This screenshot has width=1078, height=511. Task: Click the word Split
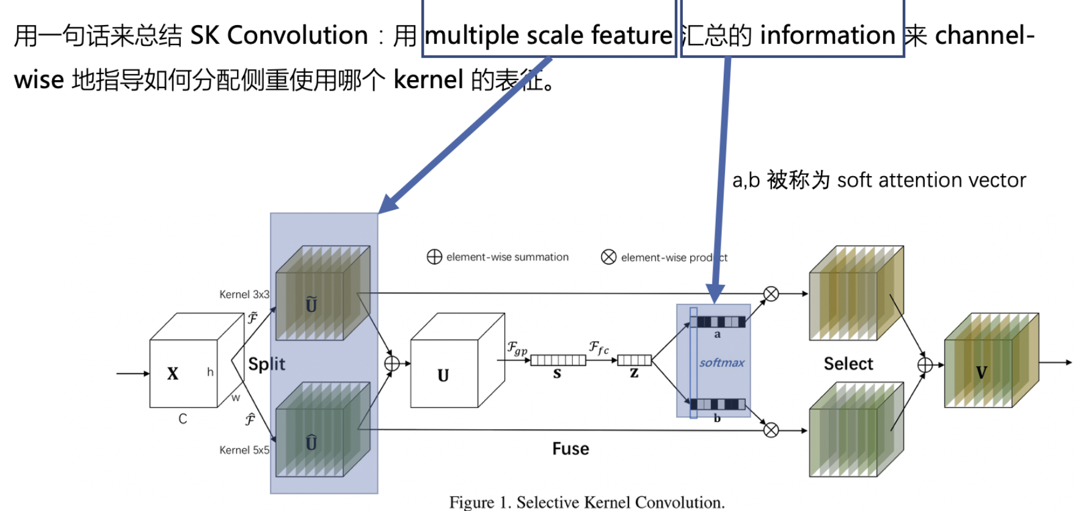pyautogui.click(x=267, y=364)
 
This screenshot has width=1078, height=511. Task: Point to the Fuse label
pyautogui.click(x=570, y=449)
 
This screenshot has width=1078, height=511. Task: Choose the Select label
pyautogui.click(x=848, y=364)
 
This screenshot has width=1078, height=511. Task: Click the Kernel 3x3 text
pyautogui.click(x=244, y=295)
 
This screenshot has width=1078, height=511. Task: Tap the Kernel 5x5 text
pyautogui.click(x=244, y=450)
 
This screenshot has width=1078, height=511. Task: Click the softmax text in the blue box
pyautogui.click(x=721, y=363)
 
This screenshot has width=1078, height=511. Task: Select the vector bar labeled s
pyautogui.click(x=558, y=360)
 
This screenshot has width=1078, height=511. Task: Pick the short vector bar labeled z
pyautogui.click(x=635, y=360)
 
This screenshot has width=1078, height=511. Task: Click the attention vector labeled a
pyautogui.click(x=721, y=322)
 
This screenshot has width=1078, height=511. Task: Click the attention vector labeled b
pyautogui.click(x=721, y=404)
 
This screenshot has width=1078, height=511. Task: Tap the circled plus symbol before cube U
pyautogui.click(x=392, y=364)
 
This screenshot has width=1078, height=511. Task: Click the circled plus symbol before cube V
pyautogui.click(x=925, y=365)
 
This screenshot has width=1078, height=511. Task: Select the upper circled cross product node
pyautogui.click(x=771, y=294)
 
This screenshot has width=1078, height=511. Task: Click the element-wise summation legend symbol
pyautogui.click(x=434, y=257)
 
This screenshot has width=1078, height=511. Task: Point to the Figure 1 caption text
pyautogui.click(x=586, y=502)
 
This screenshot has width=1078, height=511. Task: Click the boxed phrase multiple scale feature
pyautogui.click(x=548, y=35)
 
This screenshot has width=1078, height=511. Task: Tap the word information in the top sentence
pyautogui.click(x=827, y=35)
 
